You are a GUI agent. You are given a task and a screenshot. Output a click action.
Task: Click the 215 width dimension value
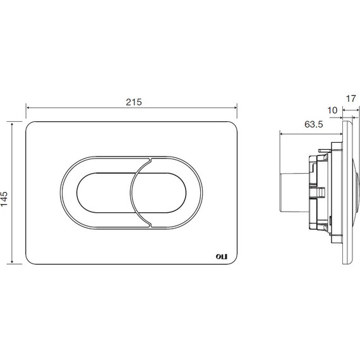click(134, 102)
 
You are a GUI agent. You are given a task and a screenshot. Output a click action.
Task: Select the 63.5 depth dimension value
click(314, 124)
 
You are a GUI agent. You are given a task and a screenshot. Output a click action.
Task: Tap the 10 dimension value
click(332, 111)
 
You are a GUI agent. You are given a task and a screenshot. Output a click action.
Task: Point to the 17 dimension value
click(351, 99)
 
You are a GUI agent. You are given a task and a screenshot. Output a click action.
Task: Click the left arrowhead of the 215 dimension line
click(28, 107)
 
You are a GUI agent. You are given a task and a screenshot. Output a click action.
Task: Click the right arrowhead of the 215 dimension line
click(235, 107)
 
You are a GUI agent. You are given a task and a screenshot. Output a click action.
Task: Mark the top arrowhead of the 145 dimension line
click(12, 124)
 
